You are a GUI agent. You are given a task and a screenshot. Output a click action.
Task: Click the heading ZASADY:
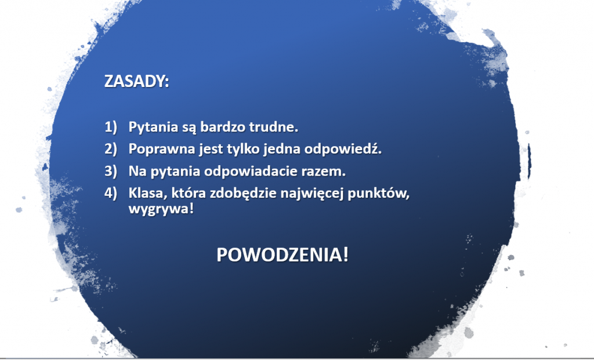136,81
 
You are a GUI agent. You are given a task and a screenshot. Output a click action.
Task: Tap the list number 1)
111,127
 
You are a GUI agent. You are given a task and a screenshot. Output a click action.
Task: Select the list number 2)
111,149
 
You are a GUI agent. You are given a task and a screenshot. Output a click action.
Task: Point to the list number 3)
111,171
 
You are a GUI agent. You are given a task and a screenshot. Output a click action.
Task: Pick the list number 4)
111,193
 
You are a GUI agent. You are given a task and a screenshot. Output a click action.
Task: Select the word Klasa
148,194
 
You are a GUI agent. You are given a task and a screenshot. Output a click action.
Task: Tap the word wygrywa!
161,209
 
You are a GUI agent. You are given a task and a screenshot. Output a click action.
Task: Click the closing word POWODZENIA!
282,254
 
